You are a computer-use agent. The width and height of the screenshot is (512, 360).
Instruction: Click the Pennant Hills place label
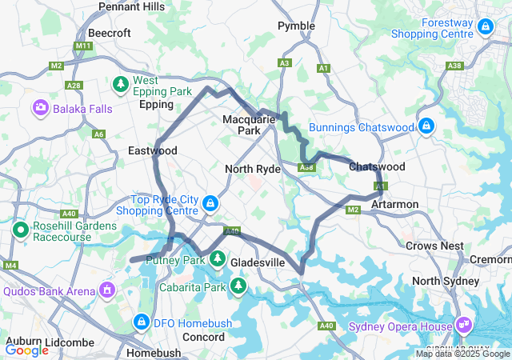click(x=131, y=6)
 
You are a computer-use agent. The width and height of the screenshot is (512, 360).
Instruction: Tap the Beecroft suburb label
click(x=104, y=33)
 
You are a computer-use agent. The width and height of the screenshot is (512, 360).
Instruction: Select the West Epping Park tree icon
click(x=121, y=82)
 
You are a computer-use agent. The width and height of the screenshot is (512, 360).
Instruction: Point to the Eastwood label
click(x=152, y=150)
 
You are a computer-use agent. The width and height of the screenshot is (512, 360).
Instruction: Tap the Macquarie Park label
click(x=249, y=125)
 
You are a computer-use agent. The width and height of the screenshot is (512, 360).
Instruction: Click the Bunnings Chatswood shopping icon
click(x=426, y=126)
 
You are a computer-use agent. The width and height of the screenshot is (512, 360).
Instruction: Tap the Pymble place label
click(x=296, y=26)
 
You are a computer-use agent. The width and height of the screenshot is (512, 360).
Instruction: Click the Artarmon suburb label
click(x=395, y=205)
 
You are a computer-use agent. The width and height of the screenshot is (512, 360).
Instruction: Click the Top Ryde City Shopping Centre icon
click(x=210, y=204)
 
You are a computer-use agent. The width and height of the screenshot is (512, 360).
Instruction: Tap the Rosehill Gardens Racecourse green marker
click(x=21, y=231)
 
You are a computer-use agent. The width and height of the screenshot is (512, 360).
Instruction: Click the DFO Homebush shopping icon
click(x=141, y=322)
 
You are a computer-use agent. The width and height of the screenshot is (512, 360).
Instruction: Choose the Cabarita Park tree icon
click(x=238, y=286)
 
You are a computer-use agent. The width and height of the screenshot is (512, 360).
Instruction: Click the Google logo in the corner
click(x=27, y=350)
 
